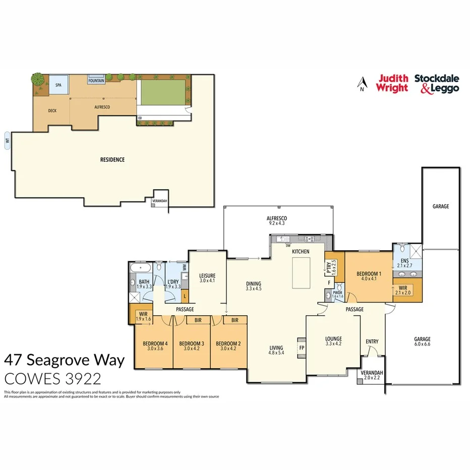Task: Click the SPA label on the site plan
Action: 58,86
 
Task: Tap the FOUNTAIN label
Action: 96,81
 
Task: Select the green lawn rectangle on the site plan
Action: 161,91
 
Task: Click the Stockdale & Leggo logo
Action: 437,83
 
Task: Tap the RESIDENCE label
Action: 112,160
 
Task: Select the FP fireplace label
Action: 302,347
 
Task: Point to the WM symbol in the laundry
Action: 185,268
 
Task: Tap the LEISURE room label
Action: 207,275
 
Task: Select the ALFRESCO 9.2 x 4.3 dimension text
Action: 276,222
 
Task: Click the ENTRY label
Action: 372,342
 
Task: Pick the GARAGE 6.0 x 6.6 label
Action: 423,341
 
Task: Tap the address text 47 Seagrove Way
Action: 65,361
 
